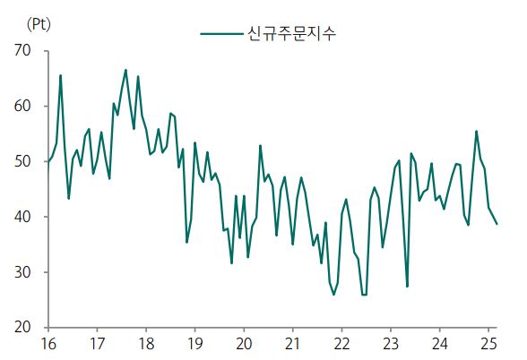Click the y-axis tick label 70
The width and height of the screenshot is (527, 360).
(x=22, y=51)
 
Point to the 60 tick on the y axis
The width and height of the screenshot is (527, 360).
(x=22, y=107)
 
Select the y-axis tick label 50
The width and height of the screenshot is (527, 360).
(x=22, y=161)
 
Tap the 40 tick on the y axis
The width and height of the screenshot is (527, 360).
(x=22, y=217)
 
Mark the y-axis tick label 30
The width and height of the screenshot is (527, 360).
(x=22, y=272)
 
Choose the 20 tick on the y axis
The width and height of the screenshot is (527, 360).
(x=22, y=328)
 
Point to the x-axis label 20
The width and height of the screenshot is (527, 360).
(x=244, y=344)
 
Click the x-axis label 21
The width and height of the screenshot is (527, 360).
(x=292, y=344)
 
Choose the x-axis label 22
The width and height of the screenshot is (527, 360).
(x=341, y=344)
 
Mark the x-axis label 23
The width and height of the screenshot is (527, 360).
(x=390, y=344)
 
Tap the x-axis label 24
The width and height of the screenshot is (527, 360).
(x=439, y=344)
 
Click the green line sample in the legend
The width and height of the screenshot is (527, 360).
(x=220, y=34)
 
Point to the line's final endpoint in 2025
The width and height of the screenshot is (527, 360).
(x=497, y=223)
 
